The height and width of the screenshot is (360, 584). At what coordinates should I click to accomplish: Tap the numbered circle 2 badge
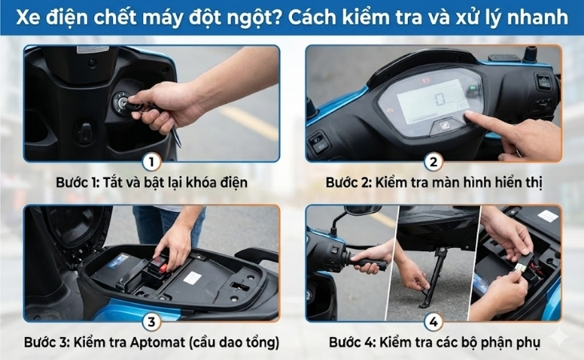pos(434,162)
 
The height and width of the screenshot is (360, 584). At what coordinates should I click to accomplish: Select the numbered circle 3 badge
pos(151,322)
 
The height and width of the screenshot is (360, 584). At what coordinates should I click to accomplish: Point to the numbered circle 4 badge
pos(434,322)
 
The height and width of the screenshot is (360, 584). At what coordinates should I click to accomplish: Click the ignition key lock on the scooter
pos(122,101)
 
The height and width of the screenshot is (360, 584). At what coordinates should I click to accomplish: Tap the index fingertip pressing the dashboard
pos(470,118)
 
